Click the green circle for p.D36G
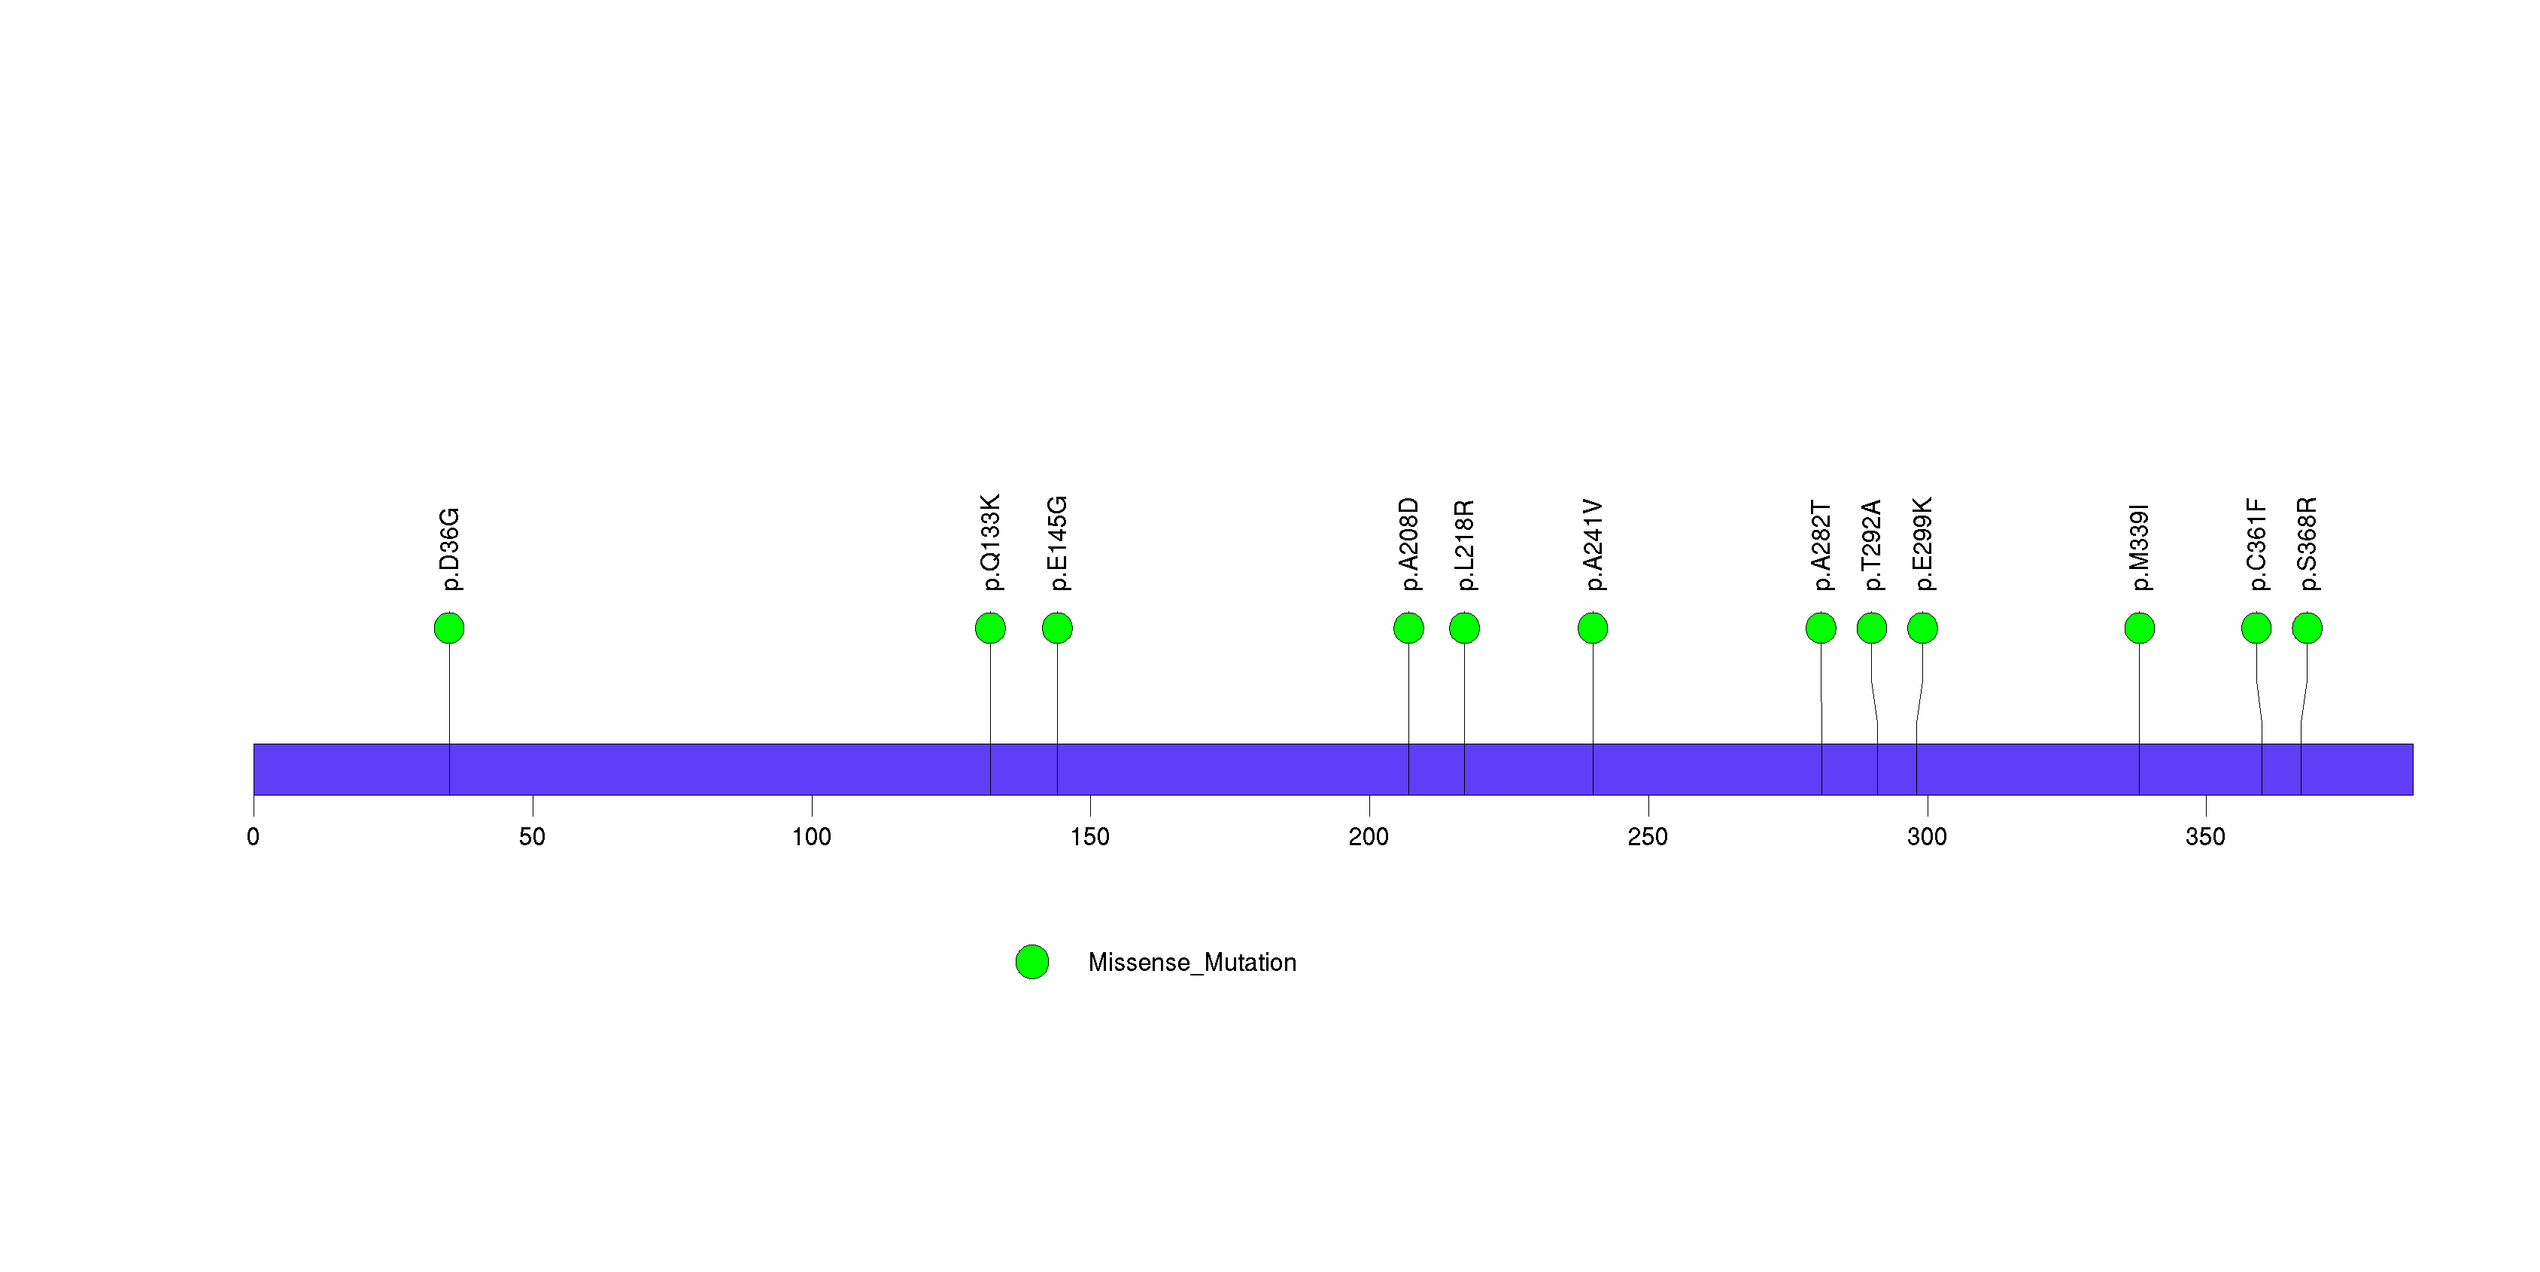(x=448, y=628)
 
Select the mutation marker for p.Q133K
(x=990, y=628)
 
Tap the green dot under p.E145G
(x=1057, y=628)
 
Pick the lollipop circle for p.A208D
(x=1408, y=628)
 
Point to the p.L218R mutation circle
(x=1464, y=628)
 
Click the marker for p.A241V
(x=1593, y=628)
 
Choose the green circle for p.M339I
(x=2139, y=628)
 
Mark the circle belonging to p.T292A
(x=1871, y=628)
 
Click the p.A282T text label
(x=1821, y=545)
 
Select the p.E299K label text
(x=1923, y=544)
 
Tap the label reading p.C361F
(x=2256, y=544)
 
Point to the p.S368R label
(x=2308, y=544)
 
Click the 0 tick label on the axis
(x=254, y=837)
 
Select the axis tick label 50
(x=533, y=837)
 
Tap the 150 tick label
(x=1089, y=837)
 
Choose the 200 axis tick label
(x=1369, y=837)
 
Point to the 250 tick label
(x=1648, y=837)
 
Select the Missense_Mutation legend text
(x=1192, y=963)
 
